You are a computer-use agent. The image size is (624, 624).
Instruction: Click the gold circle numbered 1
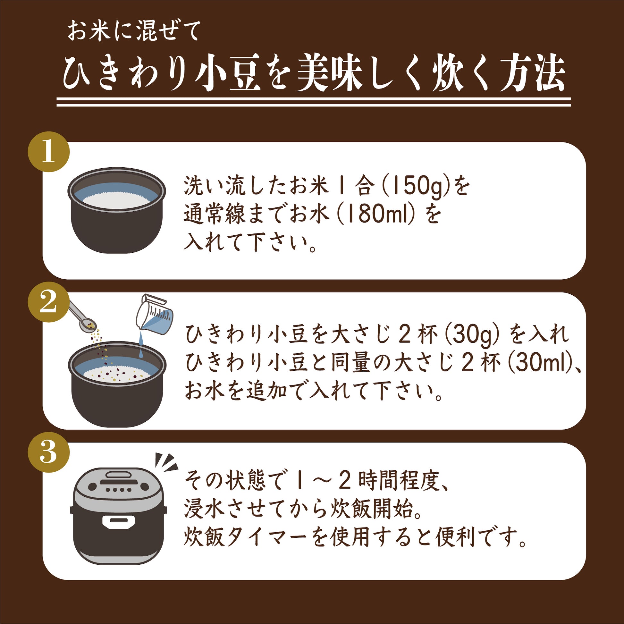[49, 152]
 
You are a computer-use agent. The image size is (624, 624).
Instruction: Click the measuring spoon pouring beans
[82, 315]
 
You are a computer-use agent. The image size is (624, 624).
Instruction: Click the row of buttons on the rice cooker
[118, 490]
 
